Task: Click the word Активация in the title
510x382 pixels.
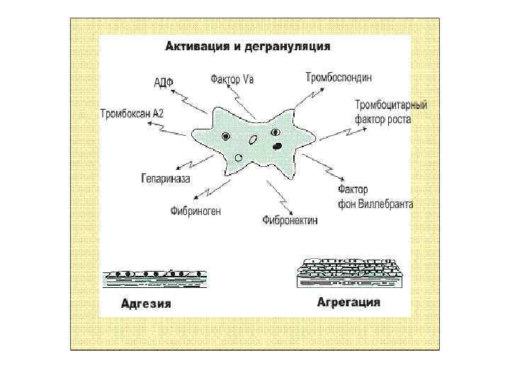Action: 193,47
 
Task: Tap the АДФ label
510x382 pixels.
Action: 164,83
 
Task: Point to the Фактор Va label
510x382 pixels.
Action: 232,79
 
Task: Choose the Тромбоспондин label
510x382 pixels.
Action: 339,76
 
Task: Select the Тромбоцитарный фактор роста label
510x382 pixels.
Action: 391,112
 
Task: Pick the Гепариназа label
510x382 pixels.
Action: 166,179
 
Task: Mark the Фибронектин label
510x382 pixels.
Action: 290,220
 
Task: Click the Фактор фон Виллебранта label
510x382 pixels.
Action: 375,197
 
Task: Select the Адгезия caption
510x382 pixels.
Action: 147,304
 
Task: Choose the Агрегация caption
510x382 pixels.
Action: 348,302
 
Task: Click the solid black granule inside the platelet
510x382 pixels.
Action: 278,146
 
